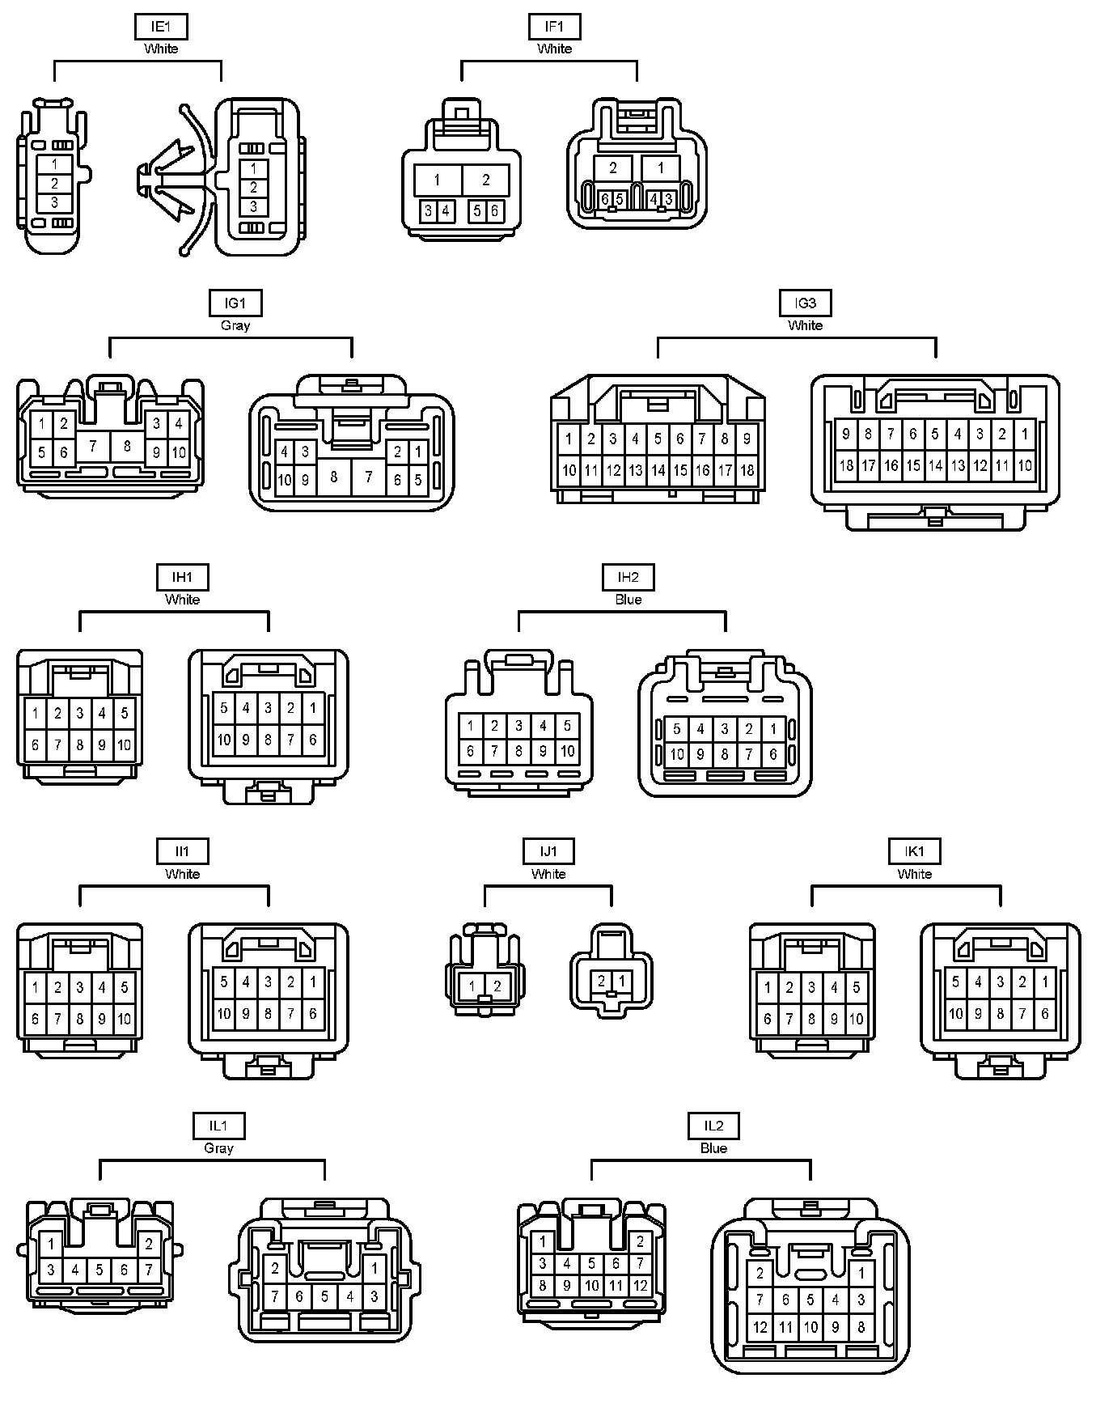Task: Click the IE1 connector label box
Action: (161, 27)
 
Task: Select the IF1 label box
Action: (554, 27)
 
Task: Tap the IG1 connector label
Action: (235, 303)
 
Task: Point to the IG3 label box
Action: (805, 303)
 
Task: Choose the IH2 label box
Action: (628, 578)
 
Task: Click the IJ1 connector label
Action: (548, 851)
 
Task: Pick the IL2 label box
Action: (713, 1126)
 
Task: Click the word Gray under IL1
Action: (218, 1148)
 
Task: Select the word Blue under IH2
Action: (628, 600)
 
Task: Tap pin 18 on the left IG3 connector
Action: (747, 470)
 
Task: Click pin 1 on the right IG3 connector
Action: (1024, 434)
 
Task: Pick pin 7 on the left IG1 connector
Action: (94, 446)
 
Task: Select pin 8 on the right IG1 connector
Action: (334, 477)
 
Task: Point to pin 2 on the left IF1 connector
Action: (486, 180)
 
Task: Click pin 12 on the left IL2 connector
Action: (641, 1285)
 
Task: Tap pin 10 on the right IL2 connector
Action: (810, 1327)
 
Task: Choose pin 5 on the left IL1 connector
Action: (99, 1270)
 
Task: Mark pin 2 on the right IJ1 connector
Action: (602, 981)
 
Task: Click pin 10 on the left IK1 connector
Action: (856, 1020)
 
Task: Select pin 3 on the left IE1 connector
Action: (54, 202)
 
